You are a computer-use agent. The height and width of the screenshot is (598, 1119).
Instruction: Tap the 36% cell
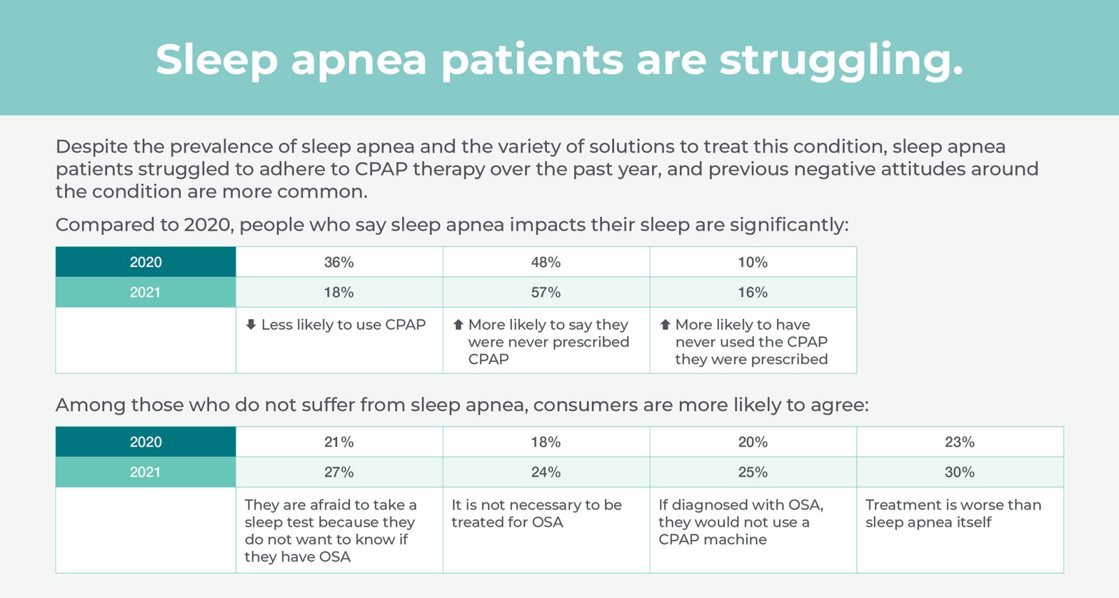[338, 262]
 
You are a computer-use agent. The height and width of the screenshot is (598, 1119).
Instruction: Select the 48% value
[546, 262]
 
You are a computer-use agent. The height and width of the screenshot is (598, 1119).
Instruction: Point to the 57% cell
[546, 292]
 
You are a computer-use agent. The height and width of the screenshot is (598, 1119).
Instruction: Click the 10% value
[753, 262]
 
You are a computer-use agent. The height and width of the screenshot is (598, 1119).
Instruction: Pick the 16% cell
[753, 292]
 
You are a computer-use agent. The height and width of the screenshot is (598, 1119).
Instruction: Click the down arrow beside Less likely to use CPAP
[251, 325]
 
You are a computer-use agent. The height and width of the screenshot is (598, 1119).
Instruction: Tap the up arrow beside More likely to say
[458, 325]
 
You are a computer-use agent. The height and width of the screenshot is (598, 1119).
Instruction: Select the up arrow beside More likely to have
[665, 325]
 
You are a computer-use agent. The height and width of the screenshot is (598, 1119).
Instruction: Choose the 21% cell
[338, 442]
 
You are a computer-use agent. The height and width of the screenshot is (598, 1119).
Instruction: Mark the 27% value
[338, 472]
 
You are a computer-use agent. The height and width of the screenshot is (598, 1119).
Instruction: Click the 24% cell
[546, 472]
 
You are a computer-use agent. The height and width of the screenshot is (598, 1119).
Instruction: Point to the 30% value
[960, 472]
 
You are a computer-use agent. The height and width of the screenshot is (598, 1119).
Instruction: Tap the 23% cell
[960, 442]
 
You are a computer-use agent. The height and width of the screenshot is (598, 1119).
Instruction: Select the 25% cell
[753, 472]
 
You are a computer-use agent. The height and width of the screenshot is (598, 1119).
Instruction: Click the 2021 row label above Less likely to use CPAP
[145, 292]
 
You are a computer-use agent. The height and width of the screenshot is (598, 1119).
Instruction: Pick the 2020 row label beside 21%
[145, 442]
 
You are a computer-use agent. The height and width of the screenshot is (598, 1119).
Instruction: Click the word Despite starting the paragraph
[91, 147]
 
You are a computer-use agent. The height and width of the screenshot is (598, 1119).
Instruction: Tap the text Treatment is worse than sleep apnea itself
[953, 513]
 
